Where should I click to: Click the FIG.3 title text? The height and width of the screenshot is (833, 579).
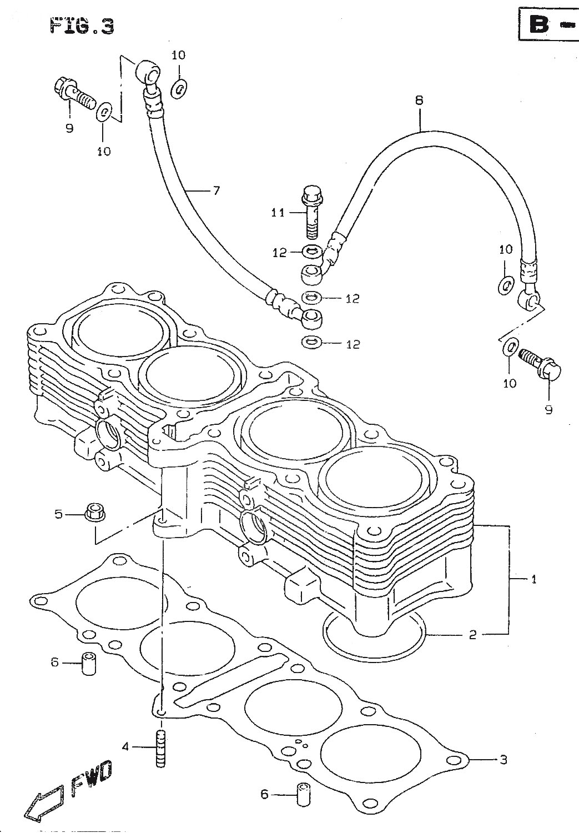coord(82,27)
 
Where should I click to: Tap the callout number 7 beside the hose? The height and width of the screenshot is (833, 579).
coord(217,191)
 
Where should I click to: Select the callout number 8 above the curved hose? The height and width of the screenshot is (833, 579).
coord(419,101)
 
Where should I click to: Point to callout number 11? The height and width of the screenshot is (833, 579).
coord(278,213)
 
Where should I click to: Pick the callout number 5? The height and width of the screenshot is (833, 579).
coord(59,515)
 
